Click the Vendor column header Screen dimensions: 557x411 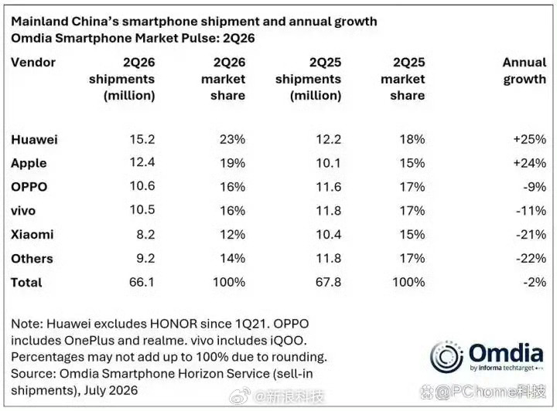(33, 63)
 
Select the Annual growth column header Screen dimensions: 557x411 (525, 70)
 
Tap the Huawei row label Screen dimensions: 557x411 (34, 139)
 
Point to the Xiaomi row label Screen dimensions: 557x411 (32, 234)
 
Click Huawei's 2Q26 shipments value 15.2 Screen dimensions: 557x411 (142, 139)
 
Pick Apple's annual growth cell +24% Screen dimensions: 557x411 (530, 163)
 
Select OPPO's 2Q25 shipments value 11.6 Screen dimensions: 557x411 (329, 186)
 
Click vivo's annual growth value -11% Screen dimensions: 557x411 (531, 210)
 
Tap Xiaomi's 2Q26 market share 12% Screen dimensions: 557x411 (232, 234)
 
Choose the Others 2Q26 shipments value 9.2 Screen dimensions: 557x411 (145, 258)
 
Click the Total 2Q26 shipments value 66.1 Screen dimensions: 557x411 (142, 282)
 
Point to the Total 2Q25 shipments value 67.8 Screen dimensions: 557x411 (328, 282)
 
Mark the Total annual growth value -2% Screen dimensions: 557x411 (535, 282)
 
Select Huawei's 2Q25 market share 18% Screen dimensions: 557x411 (412, 139)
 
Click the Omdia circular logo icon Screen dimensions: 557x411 (446, 356)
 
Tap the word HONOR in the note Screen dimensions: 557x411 (174, 324)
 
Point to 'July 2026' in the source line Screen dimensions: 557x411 (111, 390)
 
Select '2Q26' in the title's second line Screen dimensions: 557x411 (239, 39)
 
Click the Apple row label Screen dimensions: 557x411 (29, 163)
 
